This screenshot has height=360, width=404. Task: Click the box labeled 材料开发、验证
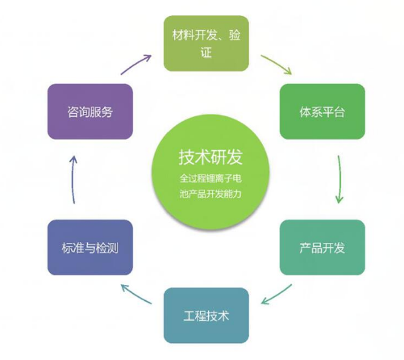click(x=206, y=44)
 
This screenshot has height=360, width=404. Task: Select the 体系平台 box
click(x=323, y=111)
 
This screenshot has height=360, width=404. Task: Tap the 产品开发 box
click(x=323, y=248)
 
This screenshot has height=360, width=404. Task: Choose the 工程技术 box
click(x=206, y=316)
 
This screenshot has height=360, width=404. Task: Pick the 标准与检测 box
click(x=90, y=248)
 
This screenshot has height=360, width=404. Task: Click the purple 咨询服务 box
click(x=90, y=111)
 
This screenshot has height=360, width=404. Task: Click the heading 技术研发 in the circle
click(x=210, y=157)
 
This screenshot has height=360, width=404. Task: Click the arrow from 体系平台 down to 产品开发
click(x=339, y=179)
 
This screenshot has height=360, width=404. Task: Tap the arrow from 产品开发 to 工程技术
click(x=277, y=295)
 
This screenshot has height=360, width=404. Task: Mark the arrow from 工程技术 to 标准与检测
click(x=136, y=295)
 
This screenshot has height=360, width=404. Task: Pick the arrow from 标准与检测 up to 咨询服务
click(x=73, y=180)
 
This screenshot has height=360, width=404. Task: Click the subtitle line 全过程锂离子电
click(x=210, y=178)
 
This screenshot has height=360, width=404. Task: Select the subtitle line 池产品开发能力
click(x=210, y=194)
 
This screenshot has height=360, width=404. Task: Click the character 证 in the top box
click(x=206, y=52)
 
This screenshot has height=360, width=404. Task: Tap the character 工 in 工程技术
click(x=190, y=316)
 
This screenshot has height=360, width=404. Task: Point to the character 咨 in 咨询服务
click(x=73, y=111)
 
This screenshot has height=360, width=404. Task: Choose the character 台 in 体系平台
click(x=339, y=111)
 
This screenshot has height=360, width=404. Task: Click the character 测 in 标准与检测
click(x=113, y=248)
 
